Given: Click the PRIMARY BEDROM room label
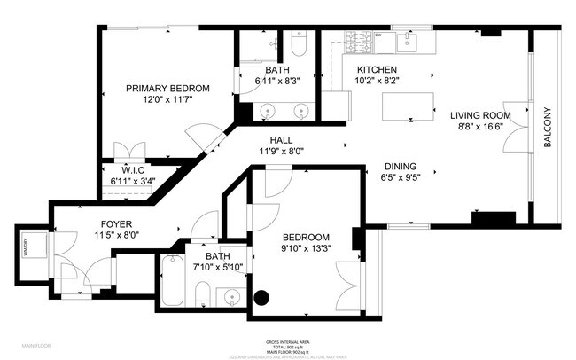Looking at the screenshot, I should point(167,89).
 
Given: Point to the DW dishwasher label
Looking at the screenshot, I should point(377,35).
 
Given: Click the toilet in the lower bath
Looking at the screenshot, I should point(201,295).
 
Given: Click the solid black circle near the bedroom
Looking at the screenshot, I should point(261,298).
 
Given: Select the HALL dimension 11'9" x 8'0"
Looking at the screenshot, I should point(282,151).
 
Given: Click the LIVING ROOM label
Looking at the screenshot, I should point(479,115).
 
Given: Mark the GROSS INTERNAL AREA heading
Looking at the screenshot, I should point(287,340).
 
